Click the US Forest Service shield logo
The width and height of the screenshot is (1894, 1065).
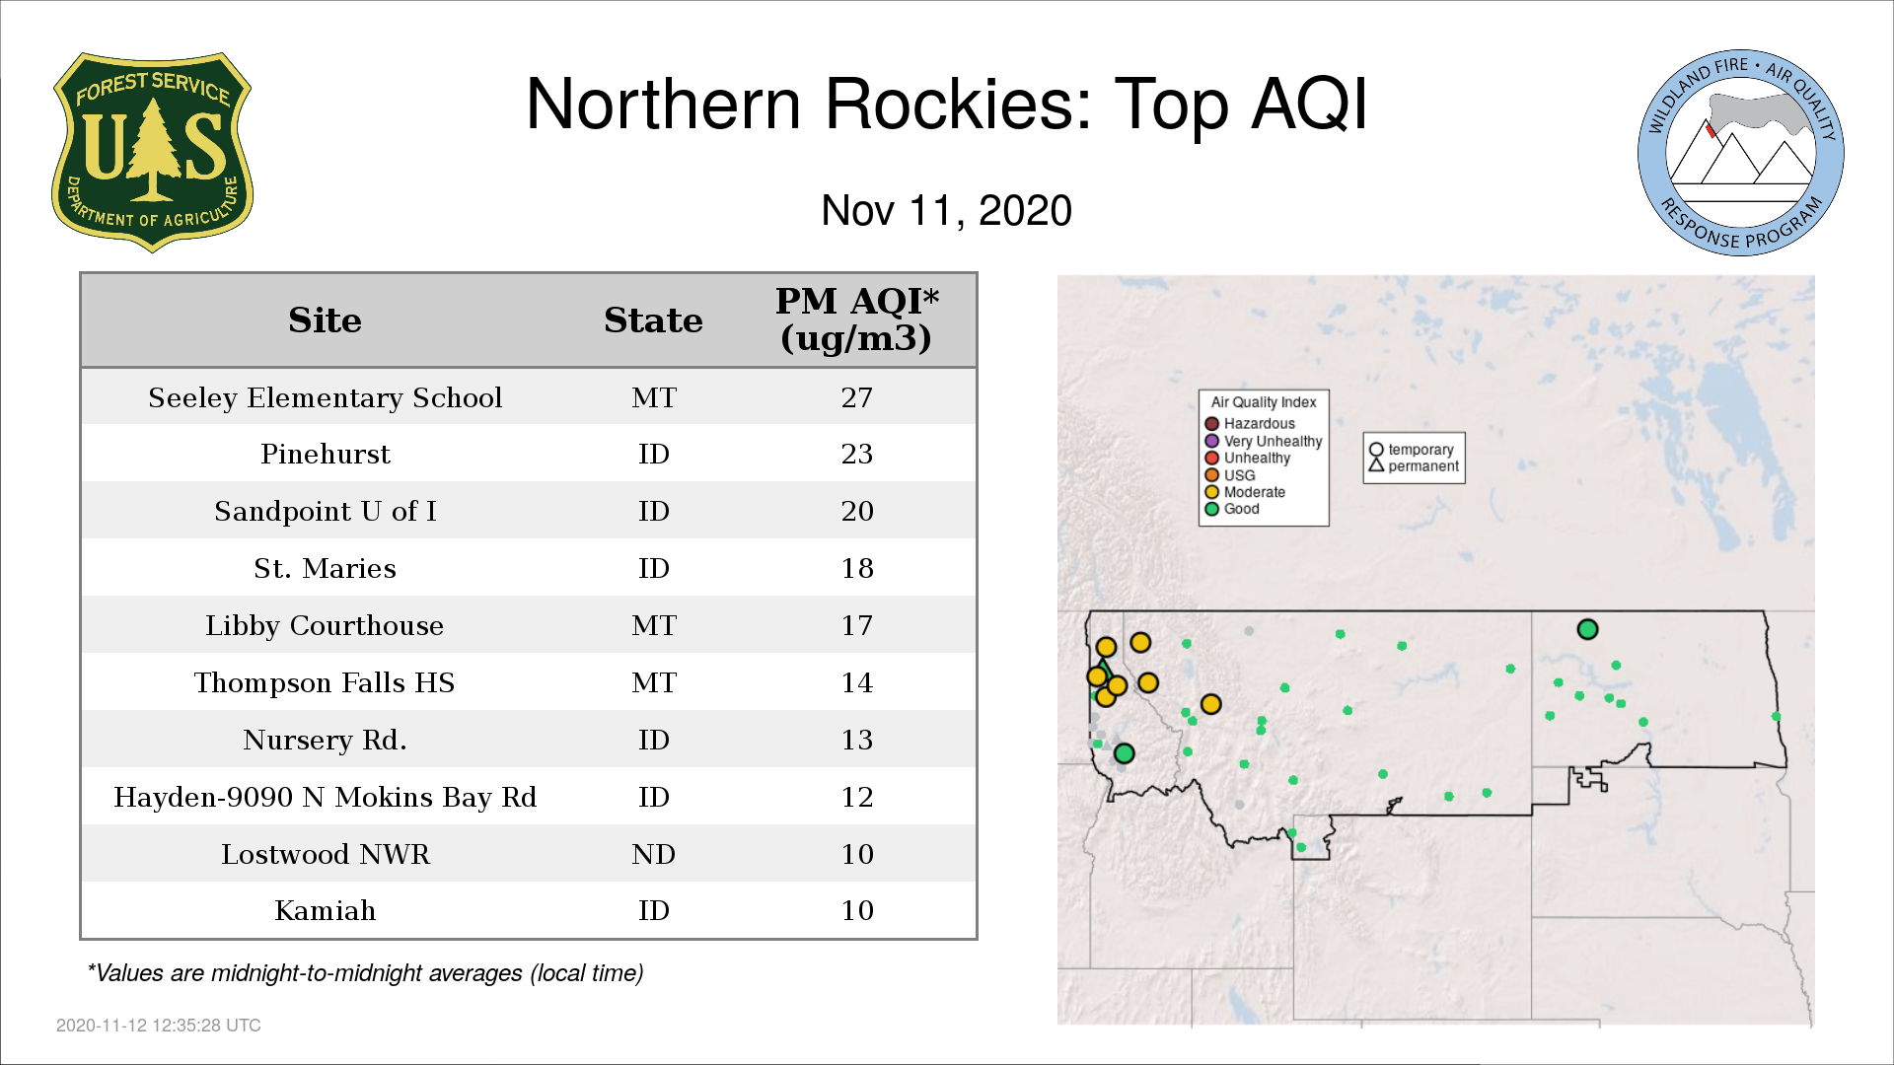coord(152,152)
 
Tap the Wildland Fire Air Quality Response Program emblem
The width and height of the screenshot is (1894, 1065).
coord(1741,153)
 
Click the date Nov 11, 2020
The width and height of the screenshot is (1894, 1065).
coord(946,211)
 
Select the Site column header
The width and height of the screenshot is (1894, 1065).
coord(325,320)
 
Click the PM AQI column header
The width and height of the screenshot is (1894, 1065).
coord(856,319)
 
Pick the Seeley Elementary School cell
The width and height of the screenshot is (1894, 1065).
coord(325,397)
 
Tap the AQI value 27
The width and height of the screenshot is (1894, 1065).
coord(856,397)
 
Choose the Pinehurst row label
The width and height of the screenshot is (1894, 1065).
coord(325,454)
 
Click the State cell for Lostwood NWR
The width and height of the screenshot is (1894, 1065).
coord(653,854)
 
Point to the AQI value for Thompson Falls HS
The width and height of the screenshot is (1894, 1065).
coord(856,682)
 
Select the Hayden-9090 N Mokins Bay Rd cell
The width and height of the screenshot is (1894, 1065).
coord(325,797)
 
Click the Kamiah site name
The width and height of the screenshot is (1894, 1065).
coord(325,910)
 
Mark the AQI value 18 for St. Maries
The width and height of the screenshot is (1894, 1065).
coord(856,568)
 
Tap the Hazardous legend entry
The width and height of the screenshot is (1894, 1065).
coord(1250,424)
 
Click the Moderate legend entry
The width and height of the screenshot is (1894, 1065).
coord(1245,492)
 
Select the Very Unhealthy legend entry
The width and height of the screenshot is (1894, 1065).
coord(1264,441)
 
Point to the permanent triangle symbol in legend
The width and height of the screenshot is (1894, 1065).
coord(1376,464)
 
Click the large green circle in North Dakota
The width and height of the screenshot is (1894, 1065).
coord(1587,629)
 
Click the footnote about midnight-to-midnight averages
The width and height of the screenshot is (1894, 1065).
coord(365,973)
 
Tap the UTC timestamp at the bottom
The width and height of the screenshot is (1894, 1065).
coord(158,1026)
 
